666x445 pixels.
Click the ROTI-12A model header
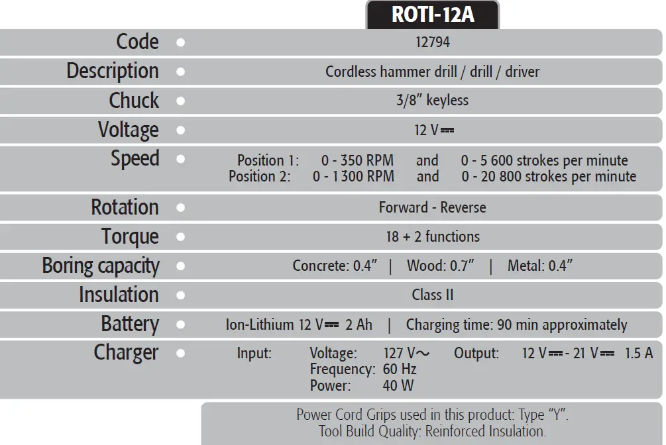[433, 14]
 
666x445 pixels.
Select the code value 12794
[432, 42]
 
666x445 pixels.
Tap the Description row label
[112, 71]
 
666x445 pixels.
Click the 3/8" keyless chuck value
[432, 101]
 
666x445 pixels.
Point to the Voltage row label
[128, 129]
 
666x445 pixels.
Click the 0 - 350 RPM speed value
[357, 160]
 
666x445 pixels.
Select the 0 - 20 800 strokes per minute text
[549, 177]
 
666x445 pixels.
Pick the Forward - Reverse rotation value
[432, 207]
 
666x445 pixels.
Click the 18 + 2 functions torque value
[432, 236]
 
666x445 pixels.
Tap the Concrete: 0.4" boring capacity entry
[335, 266]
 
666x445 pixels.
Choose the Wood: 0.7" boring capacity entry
[440, 266]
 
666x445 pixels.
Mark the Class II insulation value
[432, 295]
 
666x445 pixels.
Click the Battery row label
[129, 324]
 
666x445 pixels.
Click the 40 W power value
[398, 385]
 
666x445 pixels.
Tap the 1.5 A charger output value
[639, 353]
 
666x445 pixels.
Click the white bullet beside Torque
[181, 236]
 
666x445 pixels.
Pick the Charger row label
[126, 352]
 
